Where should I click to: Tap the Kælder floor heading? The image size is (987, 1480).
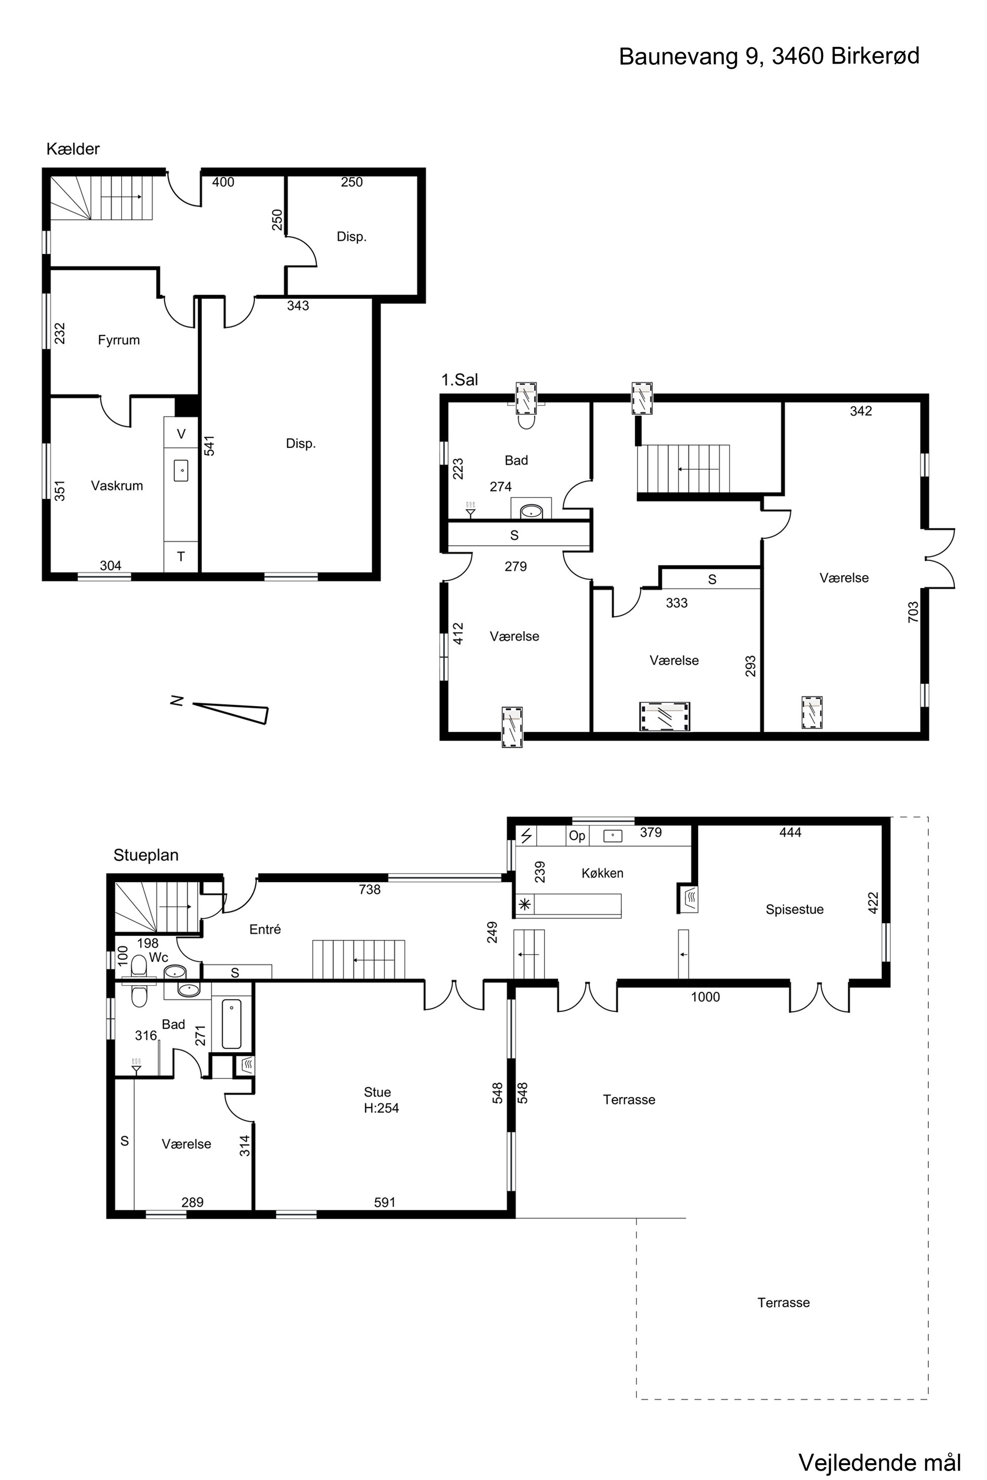73,149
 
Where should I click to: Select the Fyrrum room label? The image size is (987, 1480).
119,340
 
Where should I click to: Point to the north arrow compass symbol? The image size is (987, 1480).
230,712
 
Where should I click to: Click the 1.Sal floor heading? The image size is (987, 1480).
459,380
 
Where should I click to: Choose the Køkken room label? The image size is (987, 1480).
603,873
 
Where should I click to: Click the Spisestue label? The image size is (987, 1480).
795,910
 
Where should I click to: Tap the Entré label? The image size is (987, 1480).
265,929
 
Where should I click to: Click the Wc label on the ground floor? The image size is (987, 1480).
158,958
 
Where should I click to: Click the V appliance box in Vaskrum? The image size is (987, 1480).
181,434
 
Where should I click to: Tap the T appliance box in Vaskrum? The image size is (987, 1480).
181,557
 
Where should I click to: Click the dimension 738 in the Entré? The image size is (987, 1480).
370,889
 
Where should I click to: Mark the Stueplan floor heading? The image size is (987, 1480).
146,855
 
